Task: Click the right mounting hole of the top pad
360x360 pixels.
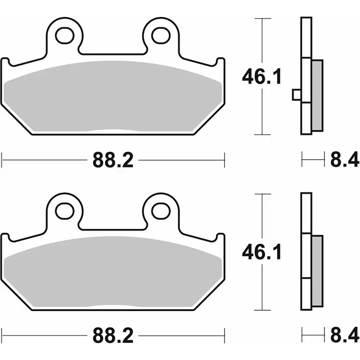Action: (x=162, y=34)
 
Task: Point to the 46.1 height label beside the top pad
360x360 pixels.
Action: (x=262, y=76)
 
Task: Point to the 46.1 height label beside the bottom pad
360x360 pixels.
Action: (x=262, y=252)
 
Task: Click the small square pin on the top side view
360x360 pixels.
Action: (x=296, y=95)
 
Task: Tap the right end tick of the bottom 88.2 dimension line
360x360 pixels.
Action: (x=224, y=335)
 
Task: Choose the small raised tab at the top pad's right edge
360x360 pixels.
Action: (x=220, y=61)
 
